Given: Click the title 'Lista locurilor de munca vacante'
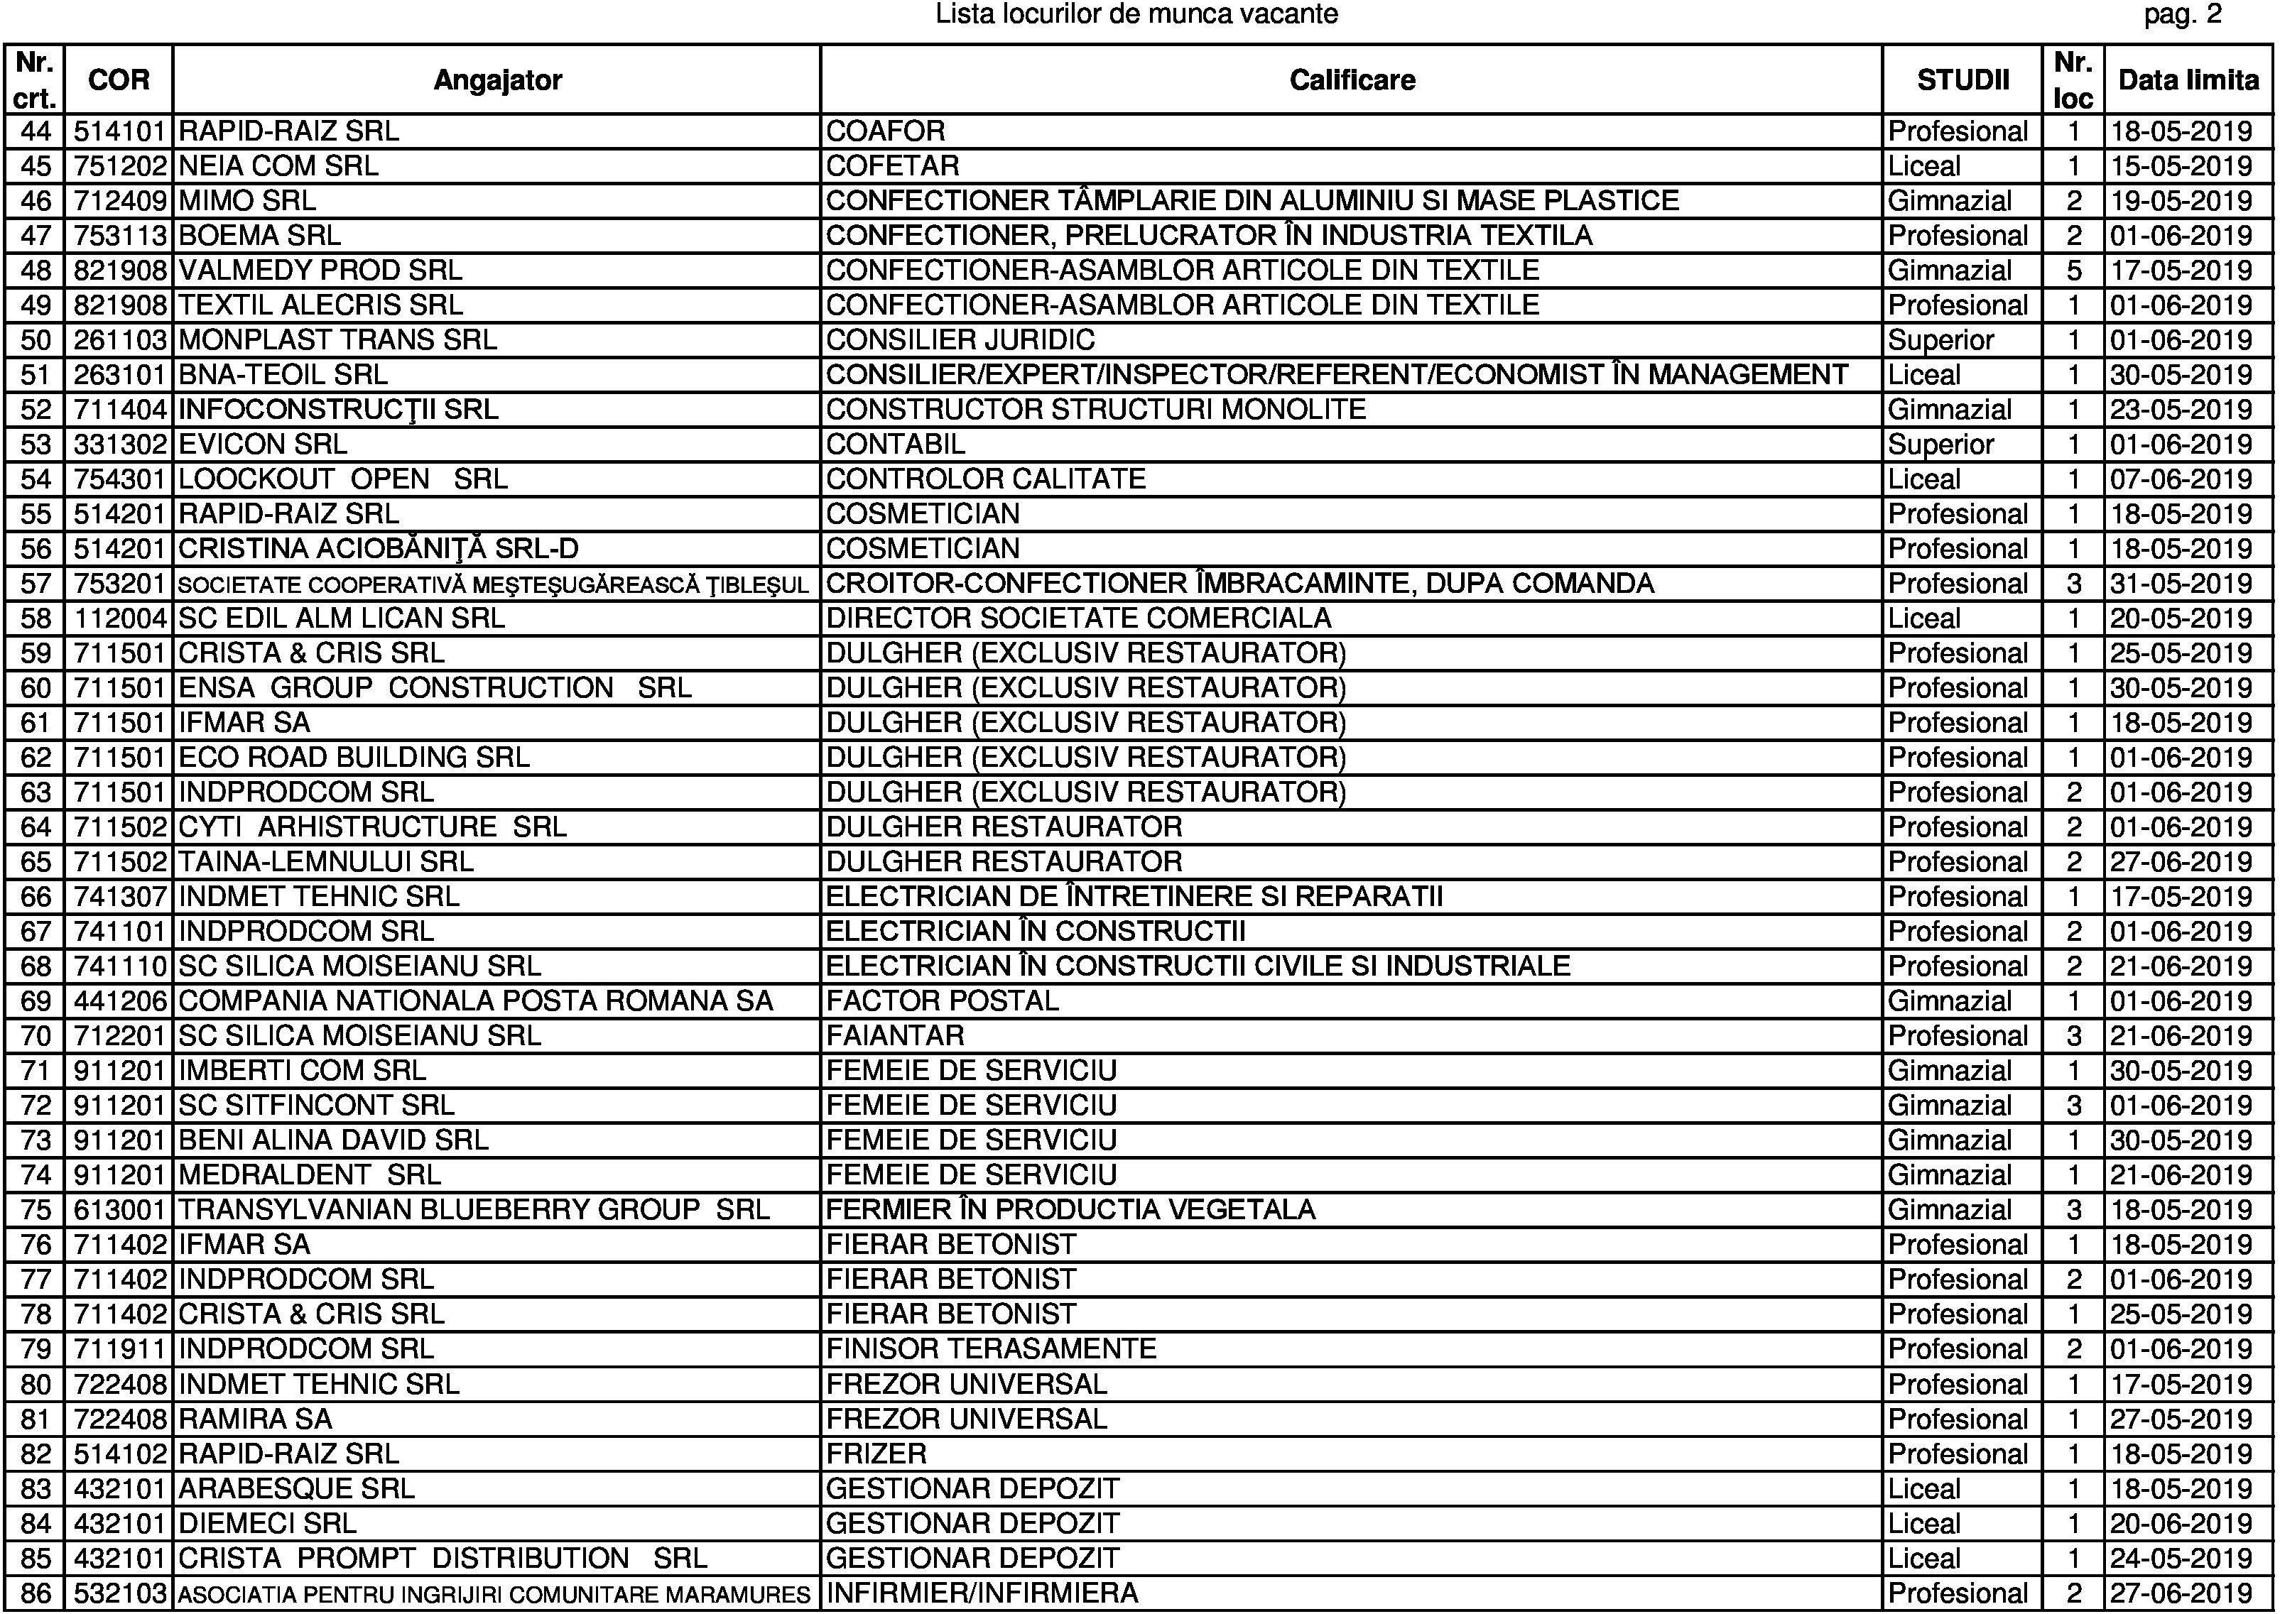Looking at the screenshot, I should point(1136,15).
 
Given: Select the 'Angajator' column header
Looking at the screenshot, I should point(497,80).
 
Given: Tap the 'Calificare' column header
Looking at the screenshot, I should point(1352,80).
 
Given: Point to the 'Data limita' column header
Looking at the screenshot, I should point(2188,80).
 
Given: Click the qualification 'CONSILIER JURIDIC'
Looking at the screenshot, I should point(960,340).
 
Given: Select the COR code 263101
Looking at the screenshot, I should point(119,375).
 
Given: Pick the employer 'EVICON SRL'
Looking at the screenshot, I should point(262,445).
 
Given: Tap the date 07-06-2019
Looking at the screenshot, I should point(2181,479).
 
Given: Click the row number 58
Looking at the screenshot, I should point(36,618).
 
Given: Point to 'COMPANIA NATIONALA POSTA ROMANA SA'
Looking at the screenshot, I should point(475,1000).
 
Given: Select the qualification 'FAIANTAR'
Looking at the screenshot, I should point(894,1035).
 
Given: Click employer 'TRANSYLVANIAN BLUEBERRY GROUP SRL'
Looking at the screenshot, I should point(473,1209).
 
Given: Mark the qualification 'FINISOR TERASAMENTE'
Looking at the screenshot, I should point(991,1348).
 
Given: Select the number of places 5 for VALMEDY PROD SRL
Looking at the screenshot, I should point(2073,271).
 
